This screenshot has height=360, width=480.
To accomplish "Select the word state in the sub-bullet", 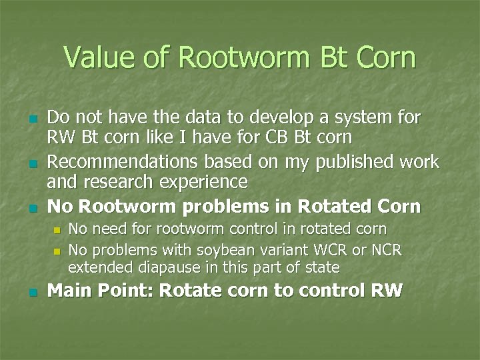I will coord(321,268).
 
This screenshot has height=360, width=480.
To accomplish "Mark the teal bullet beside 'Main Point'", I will coord(31,292).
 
